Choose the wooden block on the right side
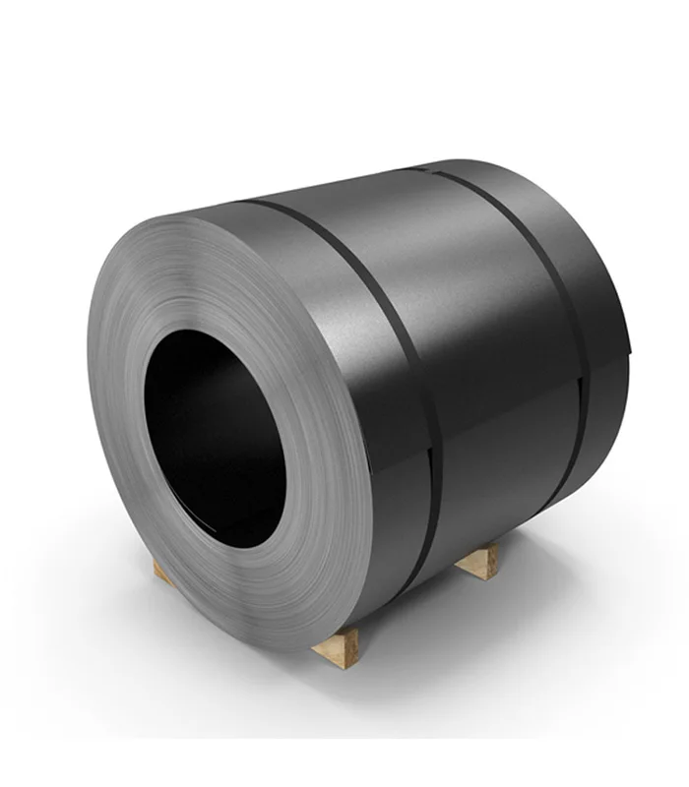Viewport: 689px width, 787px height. click(x=480, y=562)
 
